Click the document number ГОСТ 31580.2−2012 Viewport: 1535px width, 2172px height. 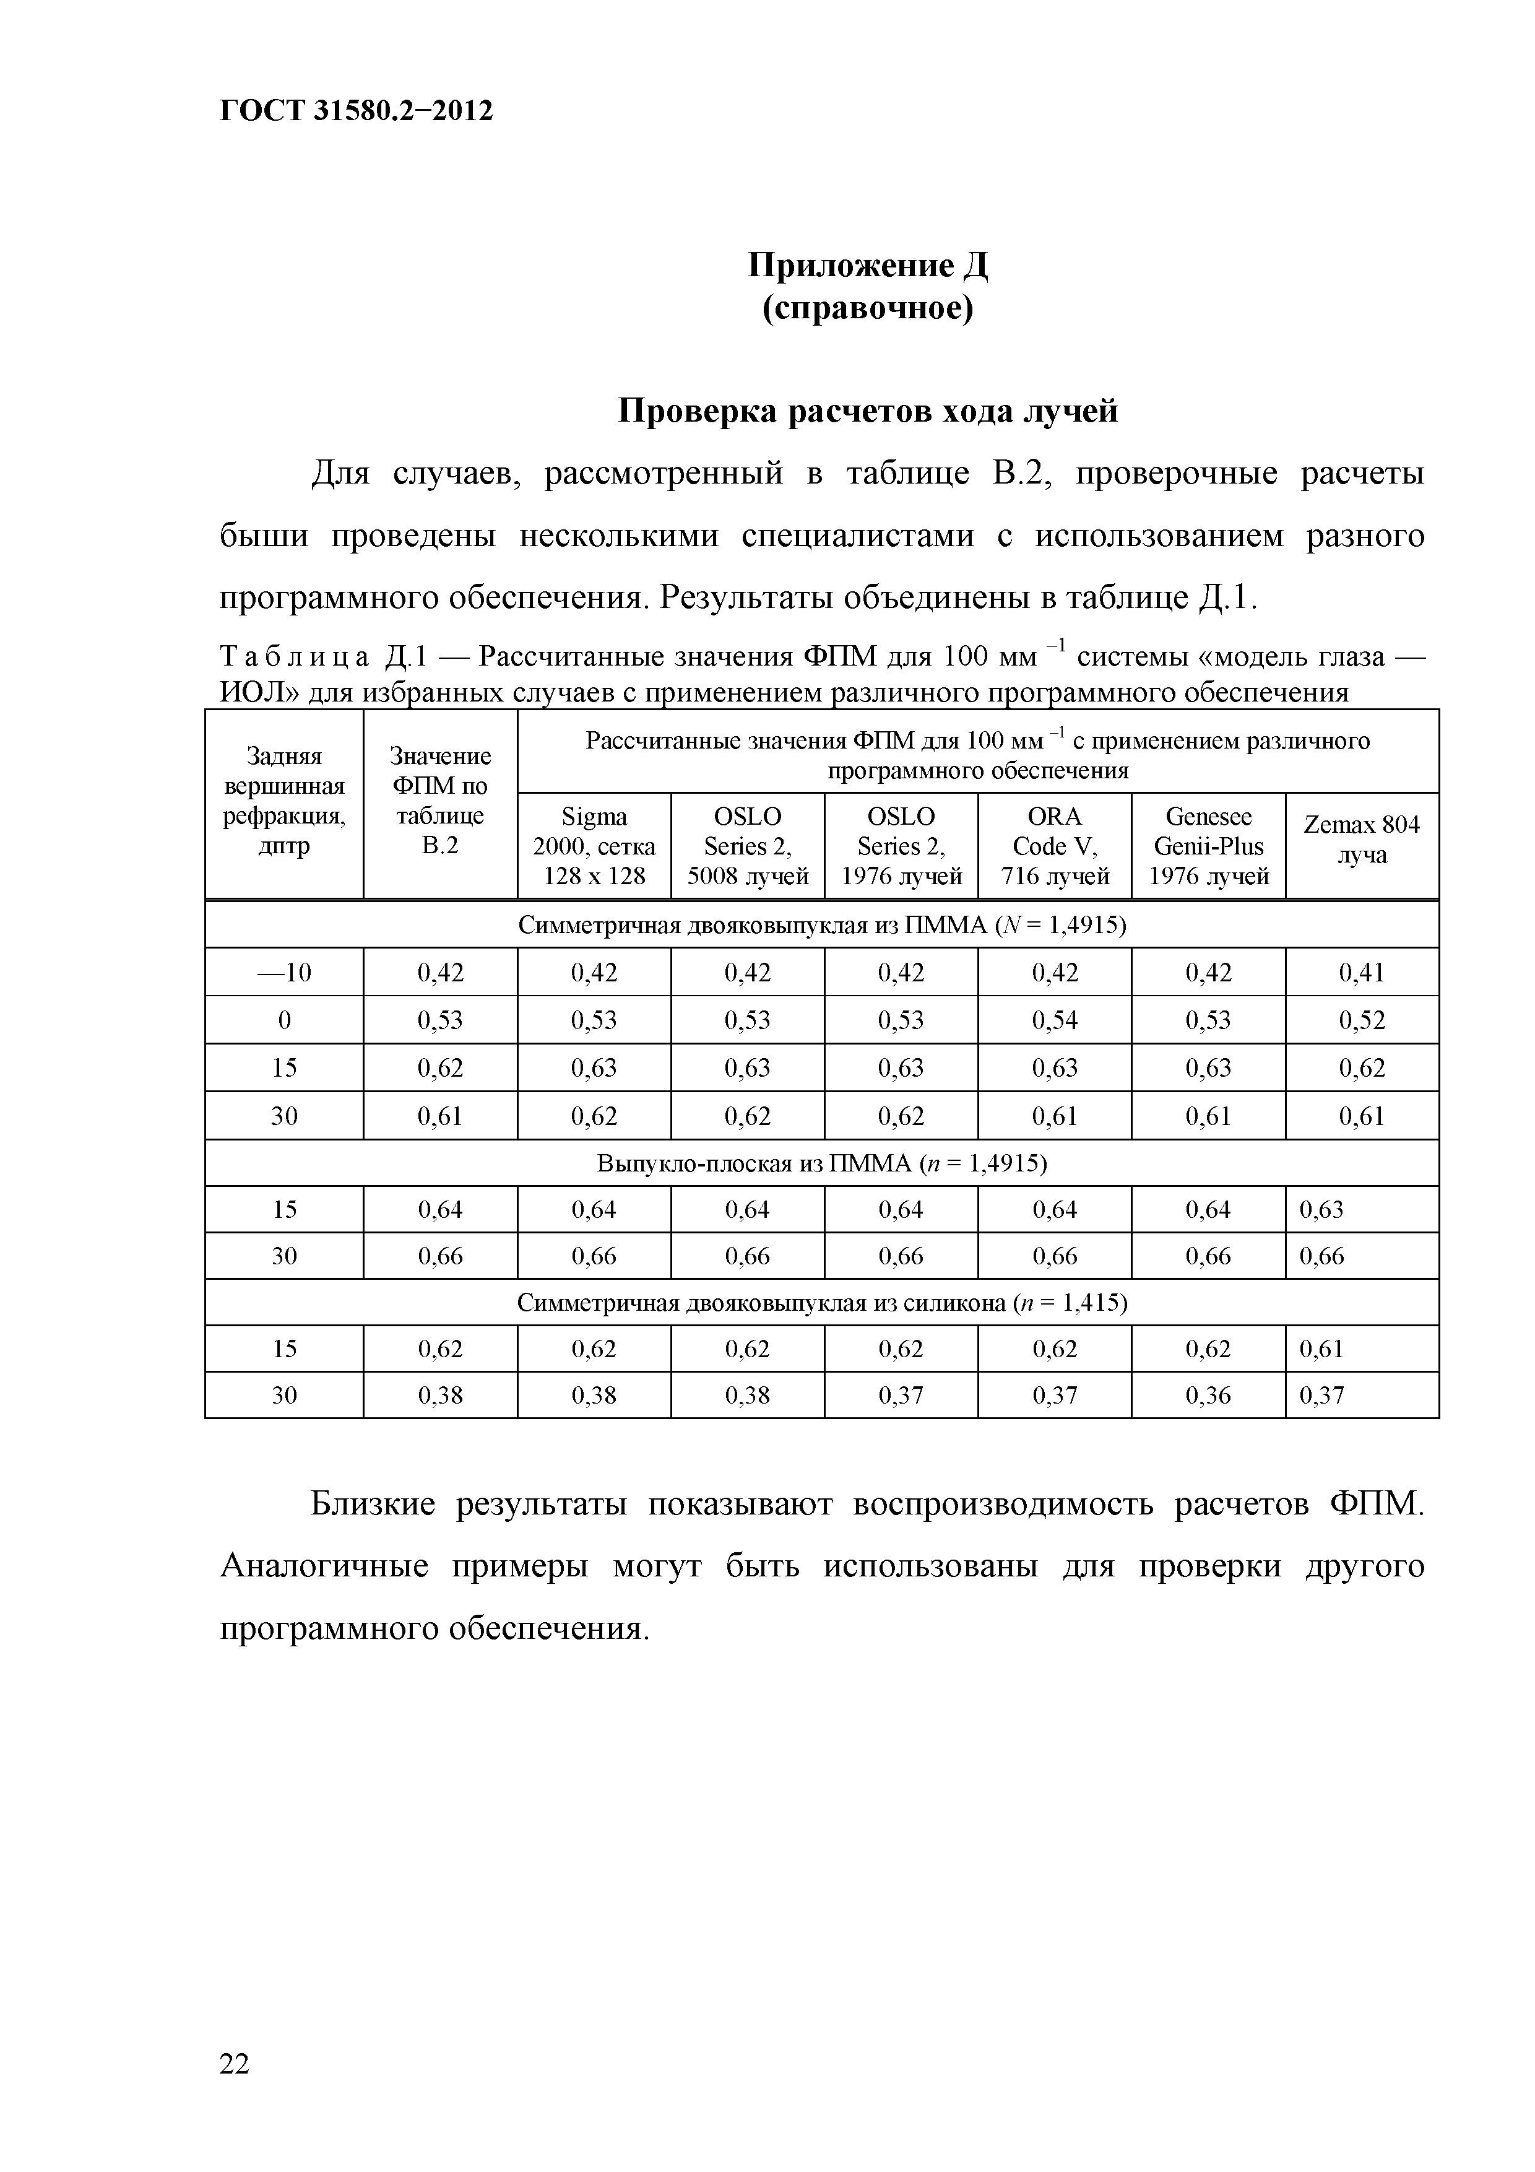tap(356, 111)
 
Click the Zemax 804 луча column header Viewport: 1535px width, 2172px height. tap(1361, 839)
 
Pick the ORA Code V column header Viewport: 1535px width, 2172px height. tap(1055, 846)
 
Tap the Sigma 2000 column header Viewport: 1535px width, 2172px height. tap(594, 846)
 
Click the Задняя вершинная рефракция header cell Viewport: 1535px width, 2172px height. tap(283, 801)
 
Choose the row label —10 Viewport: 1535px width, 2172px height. tap(283, 973)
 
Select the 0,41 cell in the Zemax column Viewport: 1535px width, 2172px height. tap(1361, 973)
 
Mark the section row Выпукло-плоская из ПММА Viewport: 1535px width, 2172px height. tap(821, 1163)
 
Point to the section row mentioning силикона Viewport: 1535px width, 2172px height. tap(821, 1303)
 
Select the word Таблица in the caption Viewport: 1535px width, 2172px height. tap(293, 656)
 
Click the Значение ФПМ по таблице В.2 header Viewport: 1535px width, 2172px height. tap(440, 801)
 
